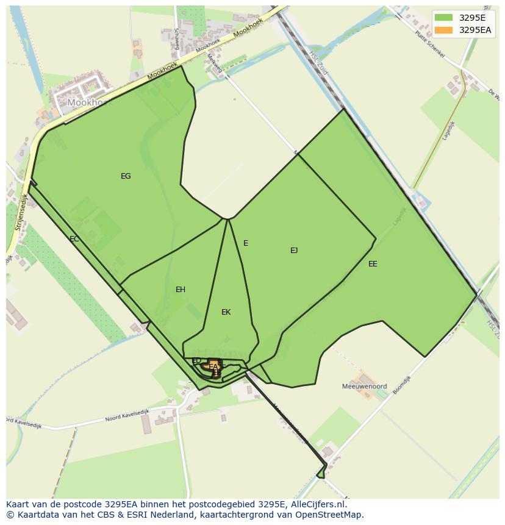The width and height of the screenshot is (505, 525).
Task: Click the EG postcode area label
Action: [126, 176]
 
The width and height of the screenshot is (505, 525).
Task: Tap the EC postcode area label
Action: [74, 239]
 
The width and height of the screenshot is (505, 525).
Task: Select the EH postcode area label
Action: [181, 290]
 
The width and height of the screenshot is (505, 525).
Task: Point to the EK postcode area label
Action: [226, 312]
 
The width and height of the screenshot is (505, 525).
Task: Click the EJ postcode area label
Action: [294, 250]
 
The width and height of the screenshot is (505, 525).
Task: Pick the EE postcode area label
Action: [373, 264]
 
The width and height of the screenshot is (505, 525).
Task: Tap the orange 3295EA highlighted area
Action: [213, 368]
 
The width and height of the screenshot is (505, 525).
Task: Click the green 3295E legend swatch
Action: [444, 17]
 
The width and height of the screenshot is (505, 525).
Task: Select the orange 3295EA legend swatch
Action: [444, 29]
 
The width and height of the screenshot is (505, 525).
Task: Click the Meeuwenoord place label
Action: [364, 387]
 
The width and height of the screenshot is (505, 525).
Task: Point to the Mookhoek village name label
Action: [90, 102]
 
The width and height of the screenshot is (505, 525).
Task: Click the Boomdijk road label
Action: [402, 385]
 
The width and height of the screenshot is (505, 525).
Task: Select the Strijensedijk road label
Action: [20, 212]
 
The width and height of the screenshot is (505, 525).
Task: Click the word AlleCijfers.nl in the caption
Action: [317, 504]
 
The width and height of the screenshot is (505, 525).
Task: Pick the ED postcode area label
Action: [196, 361]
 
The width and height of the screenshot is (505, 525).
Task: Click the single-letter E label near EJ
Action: [246, 243]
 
